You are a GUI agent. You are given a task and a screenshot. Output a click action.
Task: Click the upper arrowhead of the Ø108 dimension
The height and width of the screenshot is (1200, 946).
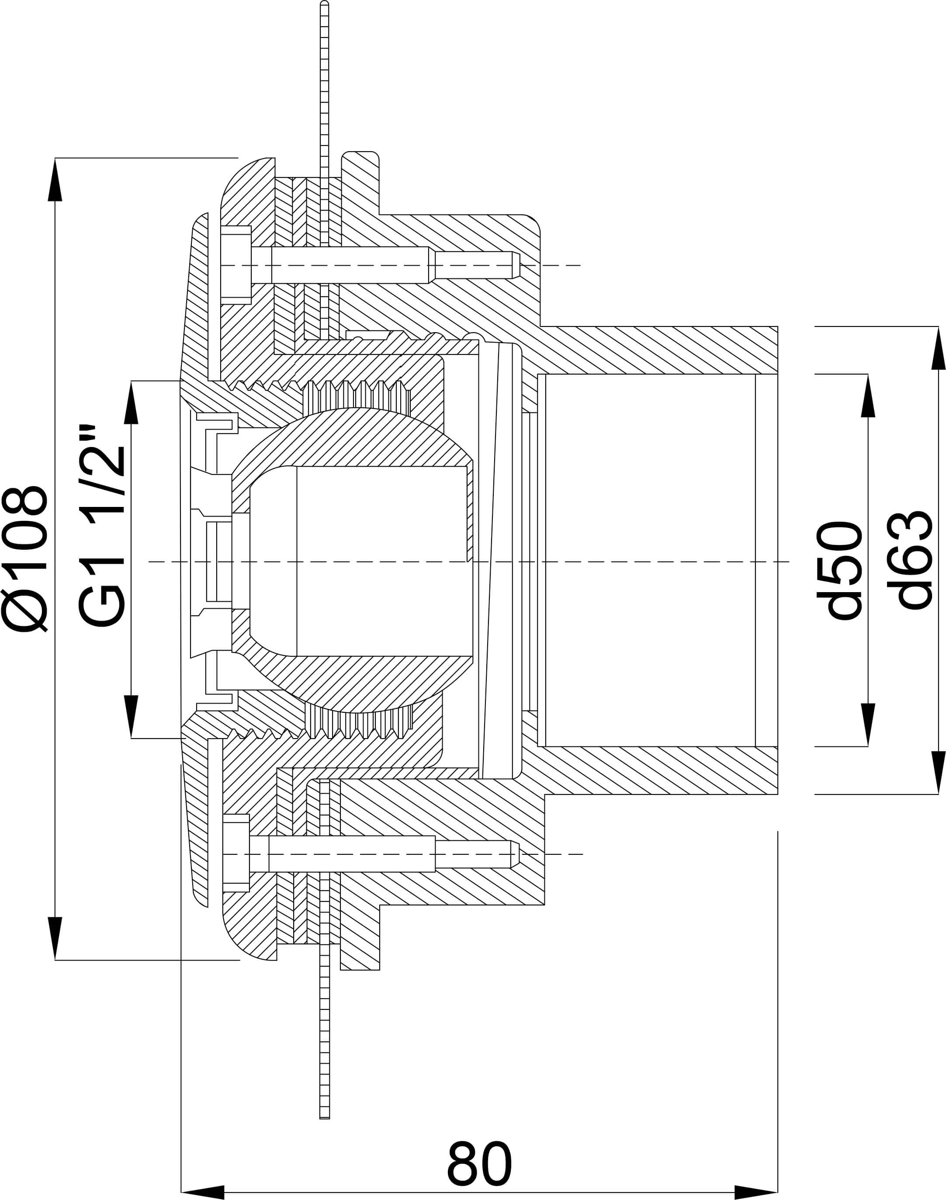point(55,180)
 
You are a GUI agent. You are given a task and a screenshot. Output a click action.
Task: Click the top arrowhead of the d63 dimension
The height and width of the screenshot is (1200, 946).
point(938,348)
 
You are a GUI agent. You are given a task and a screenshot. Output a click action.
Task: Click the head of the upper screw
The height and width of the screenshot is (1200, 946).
point(236,265)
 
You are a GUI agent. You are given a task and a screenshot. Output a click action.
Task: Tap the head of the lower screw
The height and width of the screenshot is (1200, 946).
point(236,854)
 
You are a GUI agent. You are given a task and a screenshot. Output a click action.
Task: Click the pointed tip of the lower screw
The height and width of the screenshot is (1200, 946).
point(515,854)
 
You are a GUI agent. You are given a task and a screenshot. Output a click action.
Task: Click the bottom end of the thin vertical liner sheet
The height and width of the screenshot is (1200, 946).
point(325,1115)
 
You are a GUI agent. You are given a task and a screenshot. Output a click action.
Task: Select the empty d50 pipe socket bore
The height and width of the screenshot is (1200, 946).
point(648,561)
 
